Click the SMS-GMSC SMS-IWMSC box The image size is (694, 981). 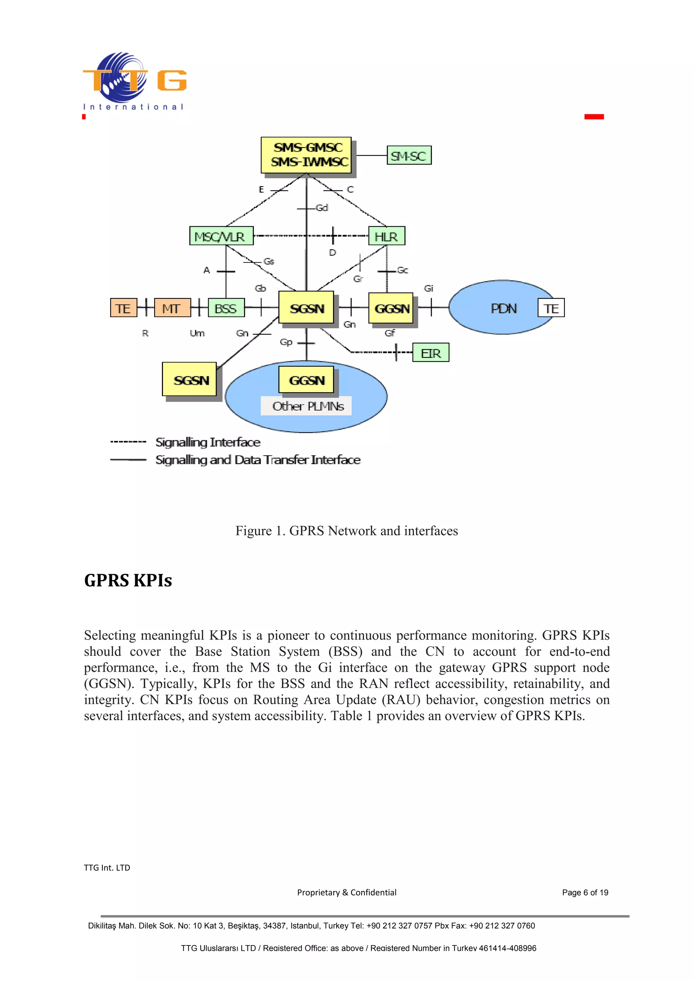coord(306,155)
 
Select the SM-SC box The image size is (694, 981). coord(409,155)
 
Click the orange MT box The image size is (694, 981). coord(172,308)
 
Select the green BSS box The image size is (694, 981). coord(226,308)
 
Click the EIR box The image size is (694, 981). coord(430,353)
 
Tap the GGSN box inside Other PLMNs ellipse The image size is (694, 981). coord(306,379)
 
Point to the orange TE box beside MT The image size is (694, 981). coord(123,308)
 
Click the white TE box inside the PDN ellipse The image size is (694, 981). coord(551,308)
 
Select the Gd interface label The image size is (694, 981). coord(322,208)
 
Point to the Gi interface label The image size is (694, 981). coord(428,288)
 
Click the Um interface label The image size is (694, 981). coord(197,333)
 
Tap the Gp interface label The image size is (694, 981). coord(286,342)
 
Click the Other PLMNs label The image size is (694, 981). coord(307,406)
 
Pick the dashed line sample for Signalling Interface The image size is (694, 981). coord(128,441)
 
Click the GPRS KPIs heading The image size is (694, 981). coord(128,580)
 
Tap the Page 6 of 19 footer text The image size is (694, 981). coord(585,892)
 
